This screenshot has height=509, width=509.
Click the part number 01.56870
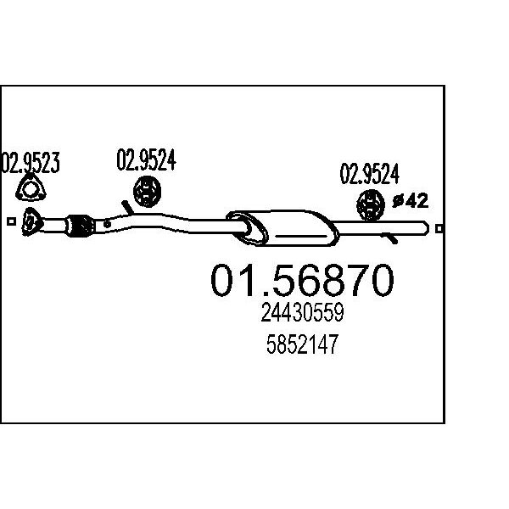click(x=302, y=280)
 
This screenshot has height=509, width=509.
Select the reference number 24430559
click(x=302, y=312)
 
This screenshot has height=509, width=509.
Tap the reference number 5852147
click(x=302, y=344)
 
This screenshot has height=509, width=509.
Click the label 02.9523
click(x=31, y=162)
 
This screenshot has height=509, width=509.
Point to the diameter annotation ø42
click(x=410, y=201)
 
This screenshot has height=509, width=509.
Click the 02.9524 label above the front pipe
click(x=146, y=159)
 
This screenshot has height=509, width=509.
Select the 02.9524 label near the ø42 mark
click(x=369, y=174)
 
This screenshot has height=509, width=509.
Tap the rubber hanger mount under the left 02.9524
click(x=147, y=192)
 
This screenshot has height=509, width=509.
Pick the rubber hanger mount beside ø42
click(x=371, y=205)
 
